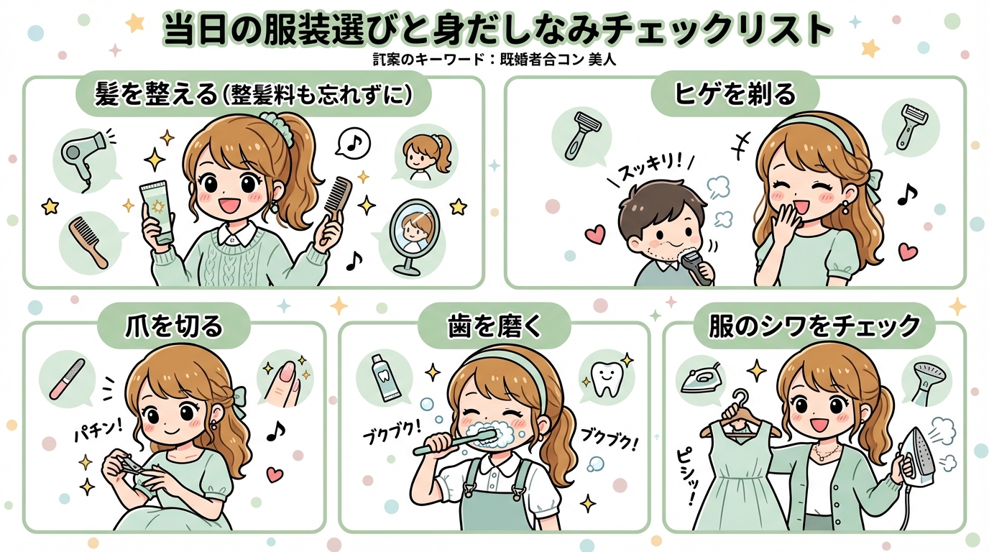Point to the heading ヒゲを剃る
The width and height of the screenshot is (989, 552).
coord(734,94)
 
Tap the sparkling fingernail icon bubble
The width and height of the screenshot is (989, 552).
coord(285,378)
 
